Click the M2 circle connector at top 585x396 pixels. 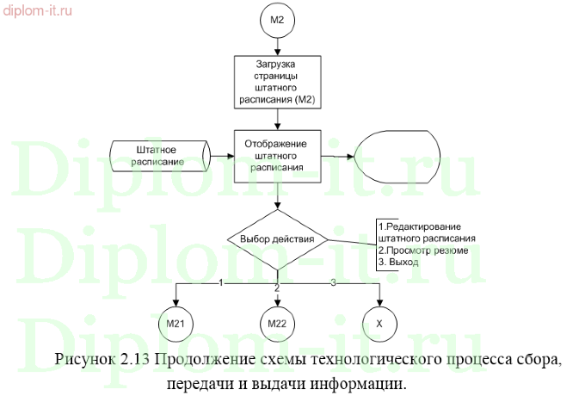278,19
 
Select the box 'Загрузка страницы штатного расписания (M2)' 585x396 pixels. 278,83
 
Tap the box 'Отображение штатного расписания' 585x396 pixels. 277,156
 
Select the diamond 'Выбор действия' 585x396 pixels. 277,238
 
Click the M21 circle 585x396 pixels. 175,323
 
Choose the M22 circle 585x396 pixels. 278,323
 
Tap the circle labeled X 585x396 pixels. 379,323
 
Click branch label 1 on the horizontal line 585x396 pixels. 221,282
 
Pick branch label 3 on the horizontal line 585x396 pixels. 334,282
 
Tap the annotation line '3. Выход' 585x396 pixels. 398,262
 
